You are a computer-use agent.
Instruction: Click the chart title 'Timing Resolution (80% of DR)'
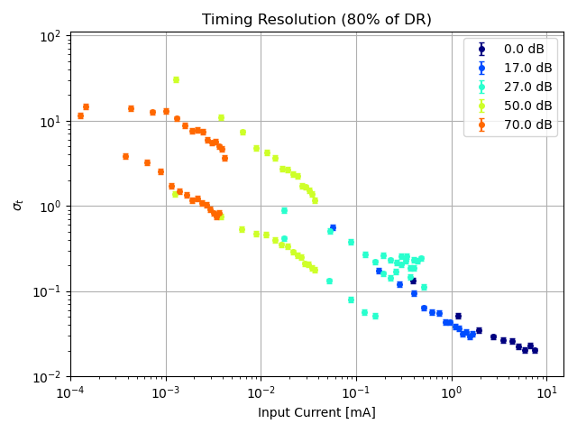[x=316, y=20]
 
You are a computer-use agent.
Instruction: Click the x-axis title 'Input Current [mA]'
[x=316, y=413]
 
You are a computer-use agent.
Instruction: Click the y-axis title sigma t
[x=18, y=205]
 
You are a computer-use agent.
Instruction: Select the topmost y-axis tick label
[x=50, y=37]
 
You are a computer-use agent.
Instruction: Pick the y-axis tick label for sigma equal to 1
[x=50, y=207]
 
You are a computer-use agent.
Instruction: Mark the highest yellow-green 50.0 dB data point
[x=176, y=79]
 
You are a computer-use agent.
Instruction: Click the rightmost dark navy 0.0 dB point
[x=535, y=350]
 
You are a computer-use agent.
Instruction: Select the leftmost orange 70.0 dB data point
[x=80, y=115]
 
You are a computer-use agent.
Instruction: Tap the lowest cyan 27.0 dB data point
[x=375, y=316]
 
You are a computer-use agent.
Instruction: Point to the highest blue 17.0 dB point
[x=333, y=227]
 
